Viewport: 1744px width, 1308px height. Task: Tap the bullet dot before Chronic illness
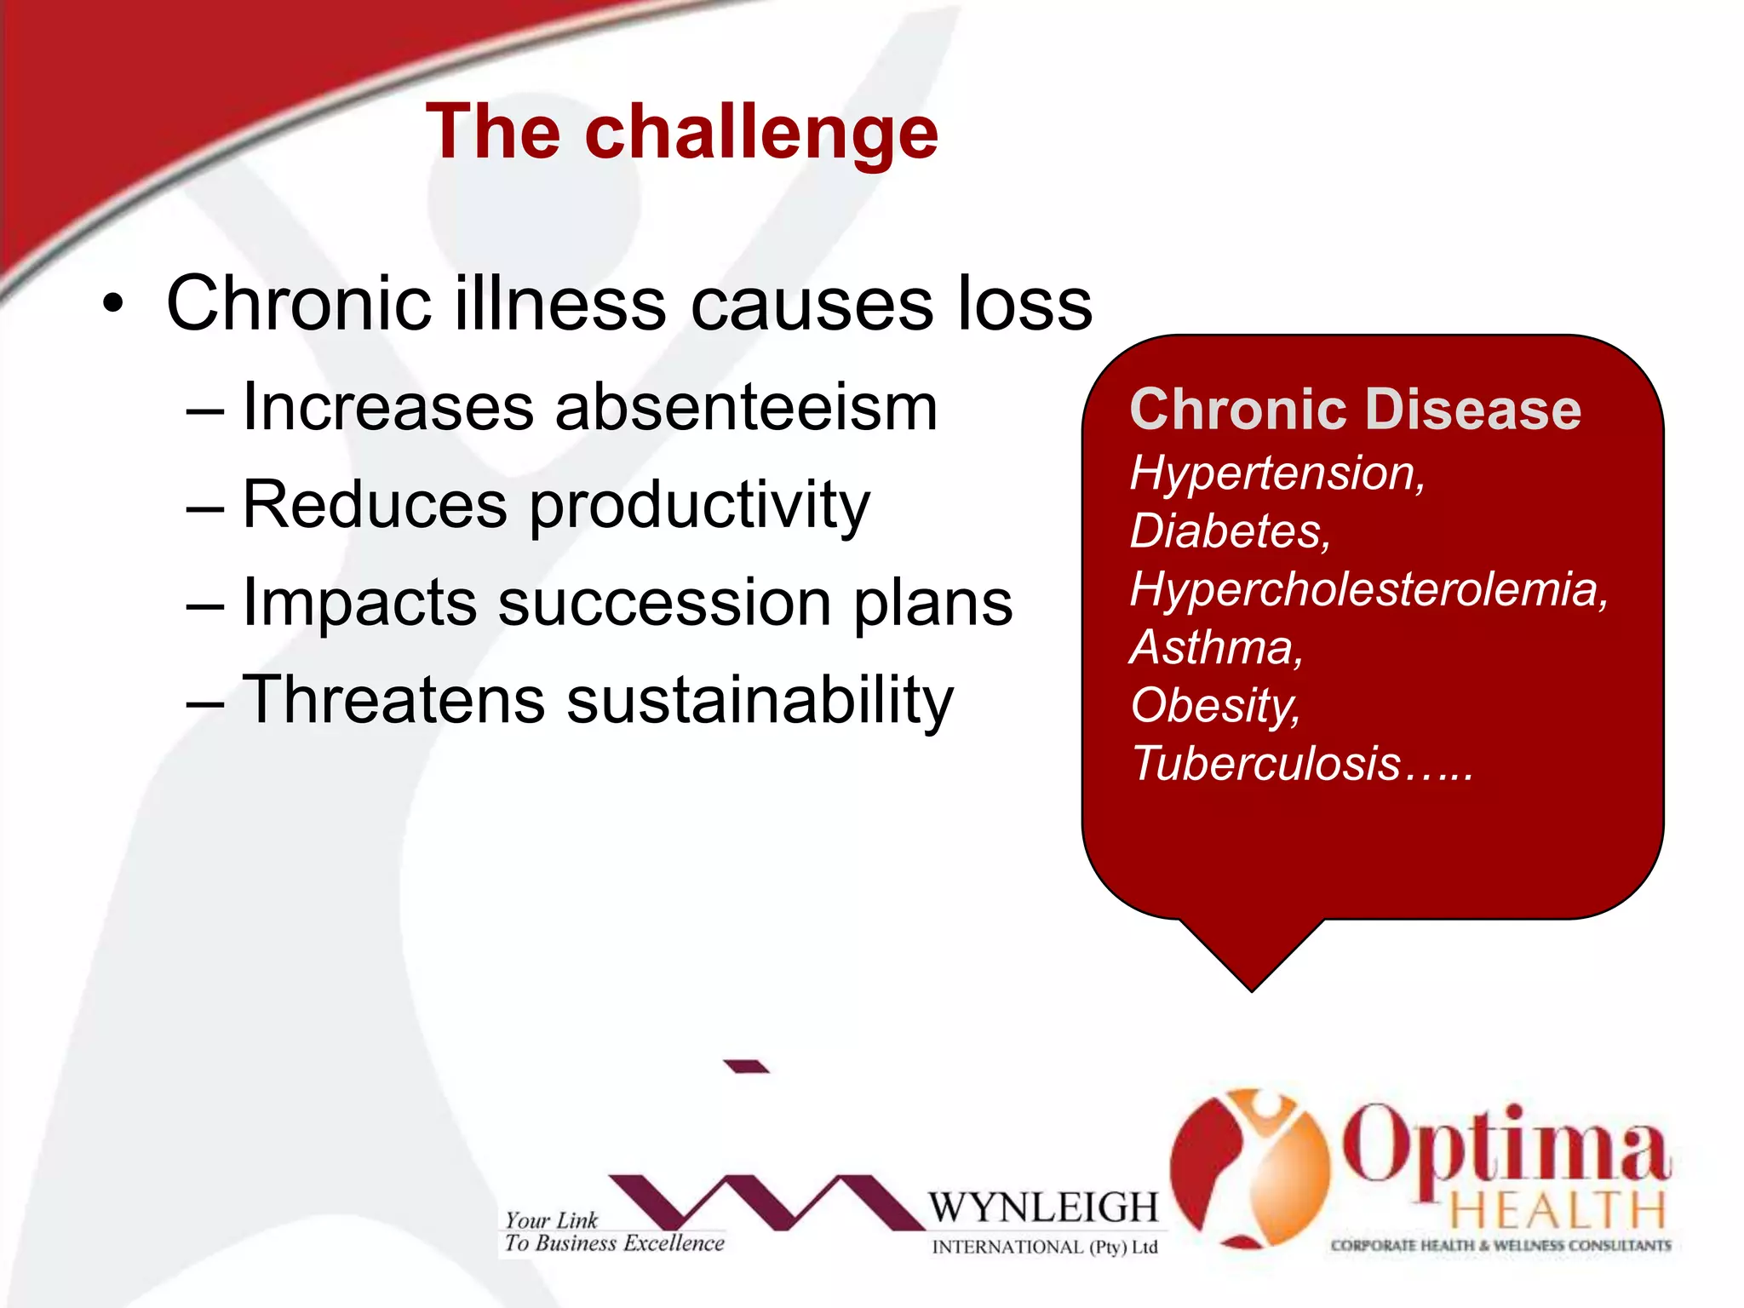[113, 304]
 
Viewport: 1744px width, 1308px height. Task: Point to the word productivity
[700, 506]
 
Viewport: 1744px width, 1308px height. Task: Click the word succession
[664, 602]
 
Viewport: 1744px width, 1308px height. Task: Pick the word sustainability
[760, 700]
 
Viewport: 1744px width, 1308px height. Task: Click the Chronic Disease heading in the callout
[1355, 410]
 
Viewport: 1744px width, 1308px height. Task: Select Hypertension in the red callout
[1276, 473]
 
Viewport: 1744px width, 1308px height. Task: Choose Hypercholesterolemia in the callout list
[1368, 589]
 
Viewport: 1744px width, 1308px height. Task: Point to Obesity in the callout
[1214, 706]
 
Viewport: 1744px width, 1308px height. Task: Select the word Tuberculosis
[1265, 763]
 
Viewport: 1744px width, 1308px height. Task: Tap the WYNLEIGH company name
[1042, 1208]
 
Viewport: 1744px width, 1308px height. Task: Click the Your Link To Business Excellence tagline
[613, 1232]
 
